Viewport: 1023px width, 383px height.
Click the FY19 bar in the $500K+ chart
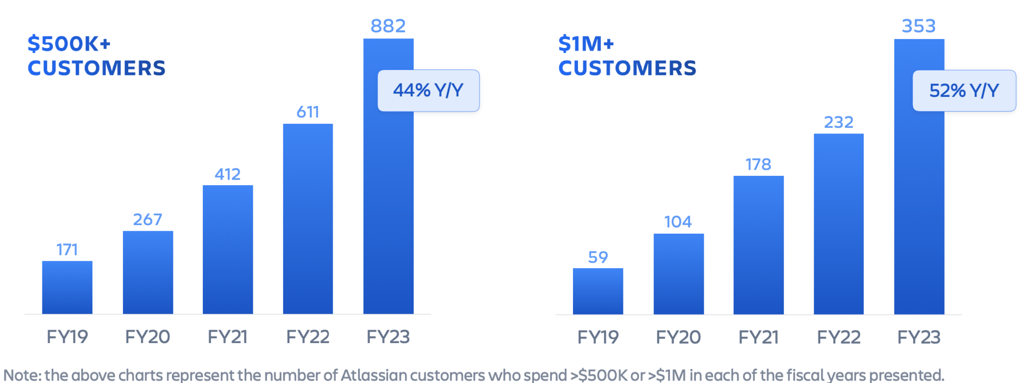pyautogui.click(x=67, y=288)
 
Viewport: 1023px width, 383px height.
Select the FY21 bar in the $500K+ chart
pyautogui.click(x=228, y=250)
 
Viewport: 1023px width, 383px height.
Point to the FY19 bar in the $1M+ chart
pyautogui.click(x=598, y=291)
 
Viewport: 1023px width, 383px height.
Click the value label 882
pyautogui.click(x=388, y=26)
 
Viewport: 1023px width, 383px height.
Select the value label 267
pyautogui.click(x=147, y=220)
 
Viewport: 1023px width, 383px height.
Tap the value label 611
pyautogui.click(x=308, y=112)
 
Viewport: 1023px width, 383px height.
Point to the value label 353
pyautogui.click(x=919, y=26)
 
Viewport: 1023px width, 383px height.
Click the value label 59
pyautogui.click(x=598, y=257)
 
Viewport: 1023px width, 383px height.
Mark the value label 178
pyautogui.click(x=758, y=164)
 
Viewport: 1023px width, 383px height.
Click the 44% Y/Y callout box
pyautogui.click(x=428, y=90)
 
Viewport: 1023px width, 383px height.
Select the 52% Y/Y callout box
pyautogui.click(x=964, y=90)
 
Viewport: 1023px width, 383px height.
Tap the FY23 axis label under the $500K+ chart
pyautogui.click(x=388, y=337)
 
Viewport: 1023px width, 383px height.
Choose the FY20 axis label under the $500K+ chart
pyautogui.click(x=147, y=337)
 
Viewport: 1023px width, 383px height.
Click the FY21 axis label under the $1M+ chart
pyautogui.click(x=758, y=338)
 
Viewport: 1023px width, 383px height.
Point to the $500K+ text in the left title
pyautogui.click(x=69, y=44)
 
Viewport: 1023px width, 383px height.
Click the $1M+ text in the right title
pyautogui.click(x=586, y=44)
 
